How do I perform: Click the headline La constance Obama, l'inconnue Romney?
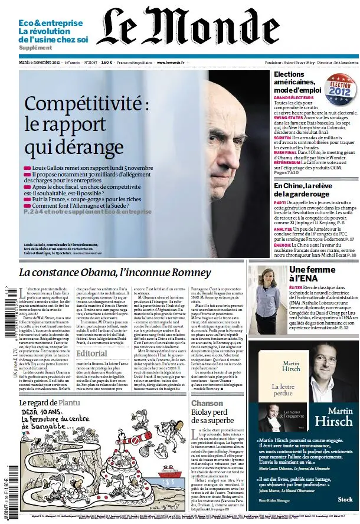coord(114,273)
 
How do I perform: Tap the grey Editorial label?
coord(92,353)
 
